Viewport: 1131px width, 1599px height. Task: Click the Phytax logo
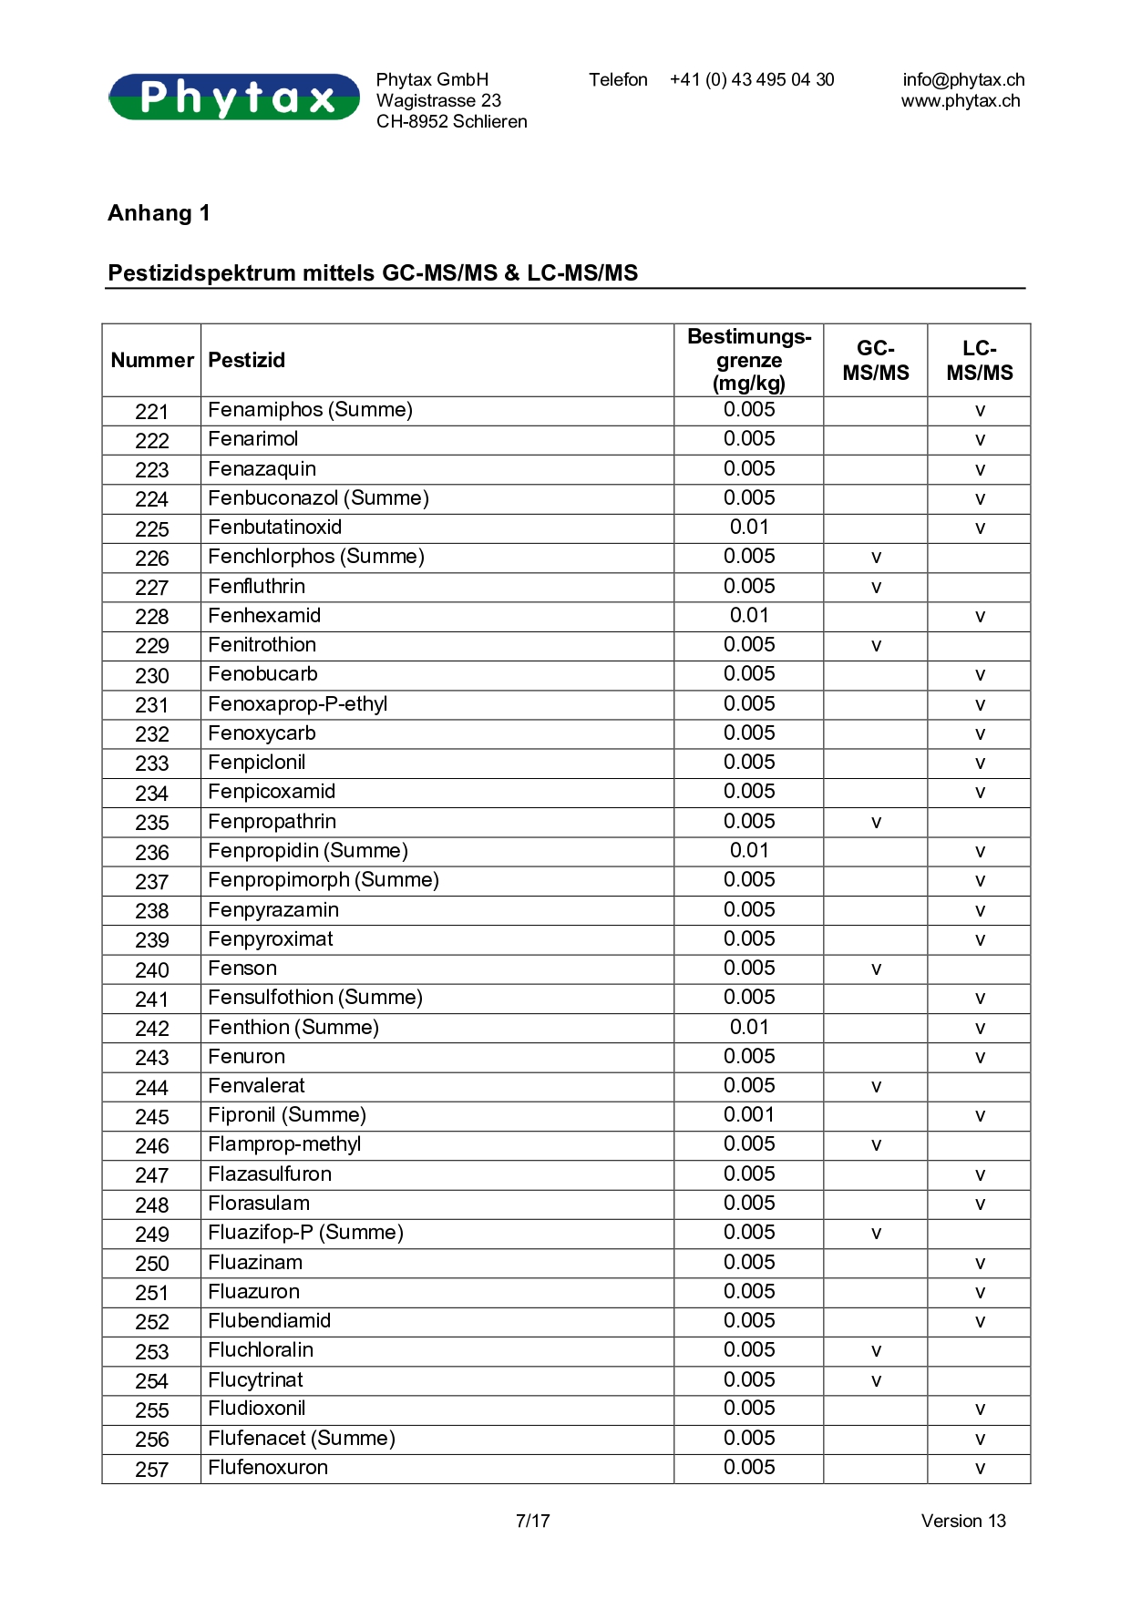click(x=234, y=97)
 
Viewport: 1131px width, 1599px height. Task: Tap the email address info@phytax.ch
click(x=963, y=80)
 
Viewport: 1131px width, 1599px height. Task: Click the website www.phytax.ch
click(x=961, y=101)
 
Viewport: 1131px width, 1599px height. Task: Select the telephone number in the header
click(x=752, y=80)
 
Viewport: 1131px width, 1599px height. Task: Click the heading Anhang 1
click(x=159, y=213)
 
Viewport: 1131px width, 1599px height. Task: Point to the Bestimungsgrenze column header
click(x=749, y=360)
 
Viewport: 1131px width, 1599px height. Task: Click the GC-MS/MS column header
click(x=876, y=360)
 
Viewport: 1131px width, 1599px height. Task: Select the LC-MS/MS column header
click(x=980, y=360)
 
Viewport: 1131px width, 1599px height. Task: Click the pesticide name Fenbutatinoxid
click(x=275, y=528)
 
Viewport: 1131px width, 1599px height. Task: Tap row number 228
click(x=152, y=617)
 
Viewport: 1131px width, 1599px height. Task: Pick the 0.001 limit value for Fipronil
click(x=749, y=1115)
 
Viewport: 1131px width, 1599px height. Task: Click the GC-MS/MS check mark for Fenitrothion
click(x=876, y=646)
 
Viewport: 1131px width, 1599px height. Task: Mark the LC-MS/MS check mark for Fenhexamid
click(x=980, y=617)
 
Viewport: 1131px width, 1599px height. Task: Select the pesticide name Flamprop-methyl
click(x=284, y=1144)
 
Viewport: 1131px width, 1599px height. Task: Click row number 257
click(x=152, y=1469)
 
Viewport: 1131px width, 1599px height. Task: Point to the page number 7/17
click(x=533, y=1521)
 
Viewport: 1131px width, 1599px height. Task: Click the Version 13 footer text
click(x=963, y=1521)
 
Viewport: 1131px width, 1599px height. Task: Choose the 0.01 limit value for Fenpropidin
click(x=749, y=851)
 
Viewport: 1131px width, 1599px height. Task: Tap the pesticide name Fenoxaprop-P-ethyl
click(x=298, y=704)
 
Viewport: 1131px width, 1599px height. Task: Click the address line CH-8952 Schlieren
click(x=452, y=122)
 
